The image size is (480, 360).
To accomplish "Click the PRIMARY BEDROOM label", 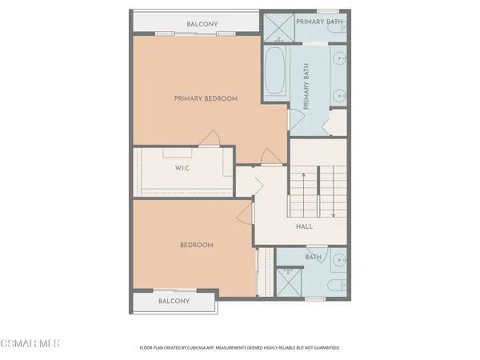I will coord(206,98).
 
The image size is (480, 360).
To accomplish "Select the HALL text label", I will coord(304,226).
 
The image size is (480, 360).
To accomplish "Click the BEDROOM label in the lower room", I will coord(196,245).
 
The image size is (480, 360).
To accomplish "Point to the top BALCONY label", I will coord(202,24).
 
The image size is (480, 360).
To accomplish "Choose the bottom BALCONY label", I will coord(174,301).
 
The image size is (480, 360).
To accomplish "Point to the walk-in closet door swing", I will coord(210,138).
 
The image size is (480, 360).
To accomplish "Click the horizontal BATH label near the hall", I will coord(313,257).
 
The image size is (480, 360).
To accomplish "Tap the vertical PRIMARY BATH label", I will coord(306,88).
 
